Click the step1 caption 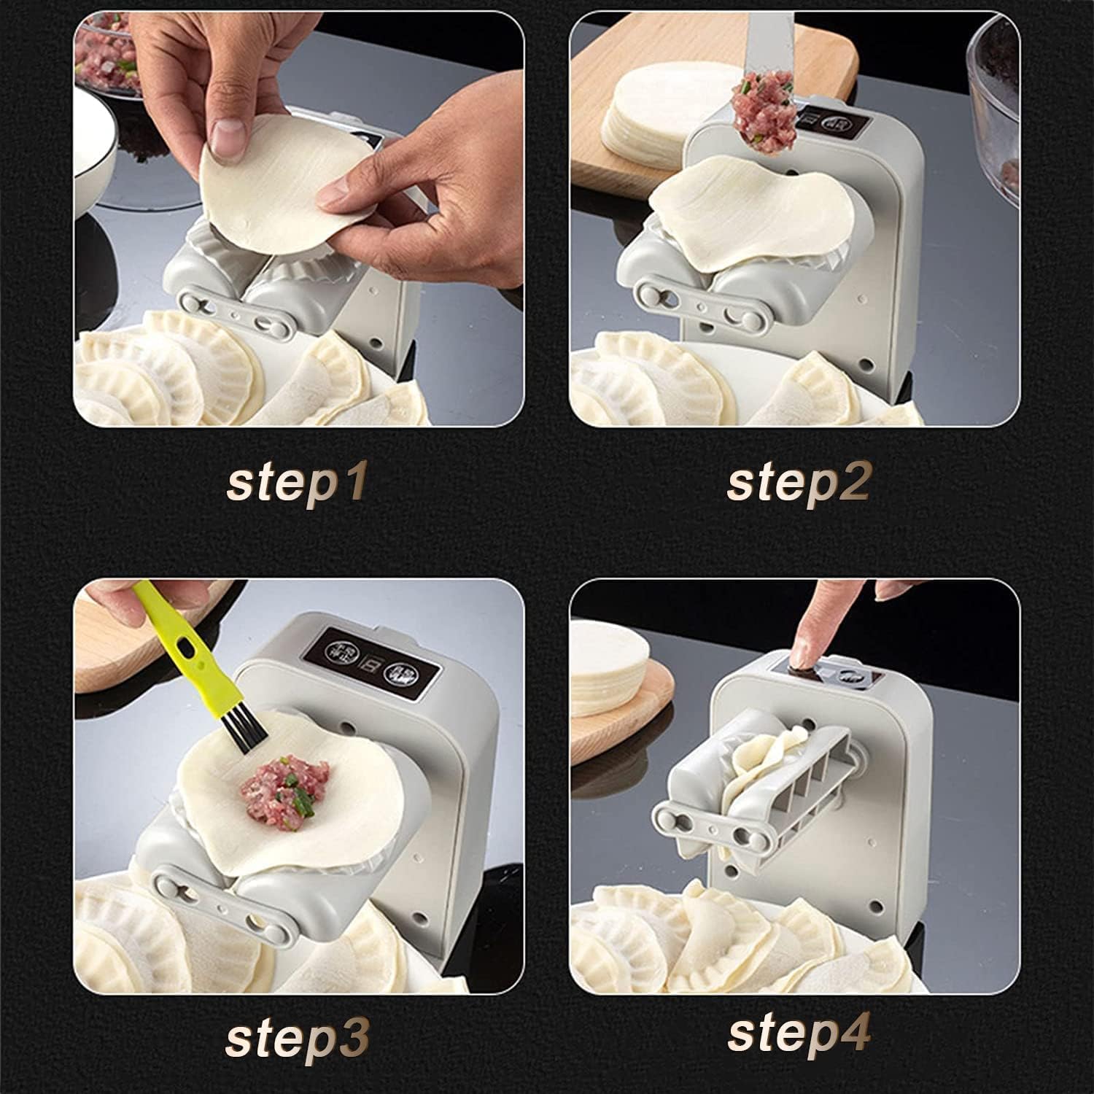coord(295,484)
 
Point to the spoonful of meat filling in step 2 coord(764,109)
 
